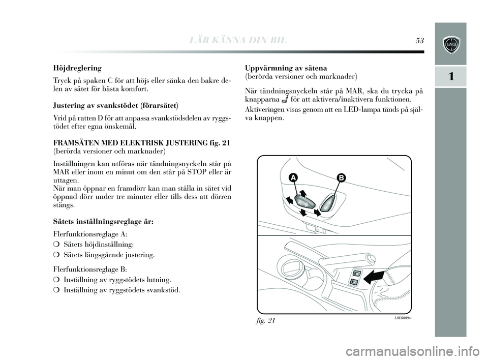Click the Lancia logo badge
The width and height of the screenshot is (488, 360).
451,45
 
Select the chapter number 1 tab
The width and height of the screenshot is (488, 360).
450,77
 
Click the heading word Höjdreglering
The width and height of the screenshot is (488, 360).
77,68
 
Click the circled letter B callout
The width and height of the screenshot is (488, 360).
340,177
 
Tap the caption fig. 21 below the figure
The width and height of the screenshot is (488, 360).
264,320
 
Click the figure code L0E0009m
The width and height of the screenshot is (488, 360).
401,318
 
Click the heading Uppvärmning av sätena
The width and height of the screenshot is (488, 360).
286,68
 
